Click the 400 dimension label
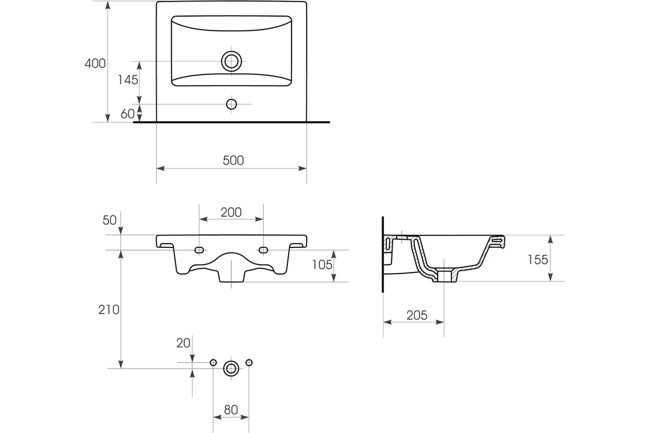95,63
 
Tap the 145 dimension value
128,80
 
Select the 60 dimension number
127,114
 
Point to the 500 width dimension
233,160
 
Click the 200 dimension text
231,212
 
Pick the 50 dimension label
109,220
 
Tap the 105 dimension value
322,265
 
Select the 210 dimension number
109,310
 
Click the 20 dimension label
183,343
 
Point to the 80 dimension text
231,410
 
